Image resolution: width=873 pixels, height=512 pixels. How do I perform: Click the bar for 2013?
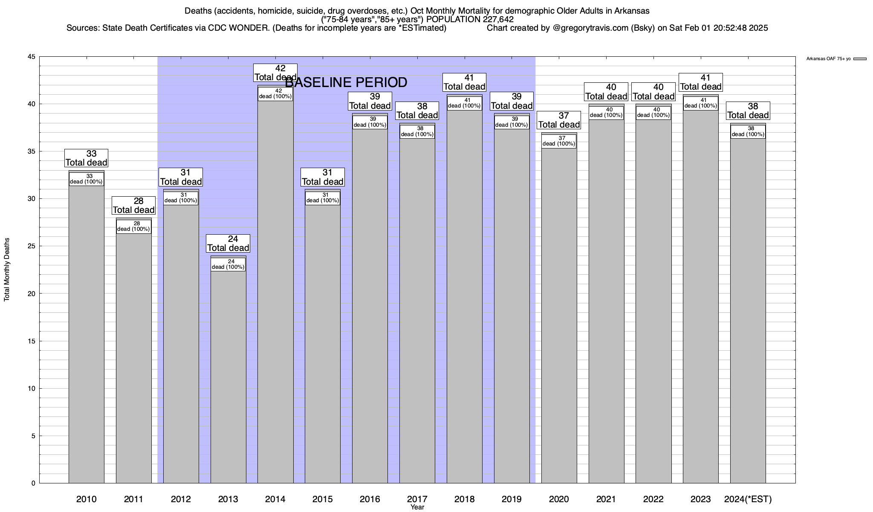point(228,375)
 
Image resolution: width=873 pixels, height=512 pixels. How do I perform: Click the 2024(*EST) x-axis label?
point(748,499)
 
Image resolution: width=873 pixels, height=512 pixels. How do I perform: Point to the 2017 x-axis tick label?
point(417,499)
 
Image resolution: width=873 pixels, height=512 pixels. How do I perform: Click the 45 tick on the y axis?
point(32,57)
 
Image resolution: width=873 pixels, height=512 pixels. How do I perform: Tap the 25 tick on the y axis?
point(32,246)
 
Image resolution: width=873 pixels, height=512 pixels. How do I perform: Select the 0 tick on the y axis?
point(33,483)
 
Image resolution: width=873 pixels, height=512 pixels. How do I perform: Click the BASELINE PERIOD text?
point(346,82)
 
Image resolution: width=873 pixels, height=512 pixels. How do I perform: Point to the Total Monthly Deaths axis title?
point(7,270)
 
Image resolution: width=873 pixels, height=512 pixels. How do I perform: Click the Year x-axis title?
point(417,507)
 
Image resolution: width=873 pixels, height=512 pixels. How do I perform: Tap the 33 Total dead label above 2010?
point(86,158)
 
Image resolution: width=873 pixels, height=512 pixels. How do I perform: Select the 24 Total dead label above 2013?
point(228,244)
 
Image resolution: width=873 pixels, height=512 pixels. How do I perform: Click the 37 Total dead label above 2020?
point(559,120)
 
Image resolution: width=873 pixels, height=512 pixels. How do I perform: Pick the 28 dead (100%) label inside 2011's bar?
point(133,227)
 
